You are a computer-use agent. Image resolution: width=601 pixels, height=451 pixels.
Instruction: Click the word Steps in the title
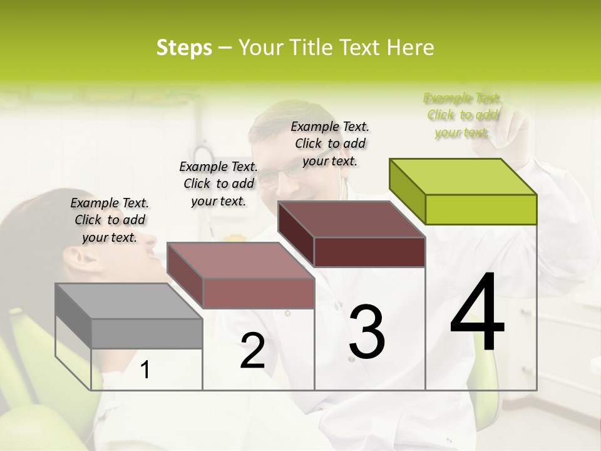184,48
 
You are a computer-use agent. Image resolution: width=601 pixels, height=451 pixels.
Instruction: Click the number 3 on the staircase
367,332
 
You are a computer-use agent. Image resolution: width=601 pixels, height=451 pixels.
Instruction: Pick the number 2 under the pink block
252,352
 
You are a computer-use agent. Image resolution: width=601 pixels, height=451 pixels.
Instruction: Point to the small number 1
145,370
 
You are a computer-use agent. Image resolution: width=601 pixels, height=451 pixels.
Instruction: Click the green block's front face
481,209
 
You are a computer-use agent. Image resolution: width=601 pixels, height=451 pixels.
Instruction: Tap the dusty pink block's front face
258,293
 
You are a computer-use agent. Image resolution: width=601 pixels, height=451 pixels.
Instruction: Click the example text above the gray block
110,220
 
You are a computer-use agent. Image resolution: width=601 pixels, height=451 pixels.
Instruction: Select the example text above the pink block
218,184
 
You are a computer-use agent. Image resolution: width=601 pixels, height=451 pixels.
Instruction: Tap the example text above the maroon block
330,143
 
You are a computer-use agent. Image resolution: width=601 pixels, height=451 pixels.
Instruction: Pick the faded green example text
463,115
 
